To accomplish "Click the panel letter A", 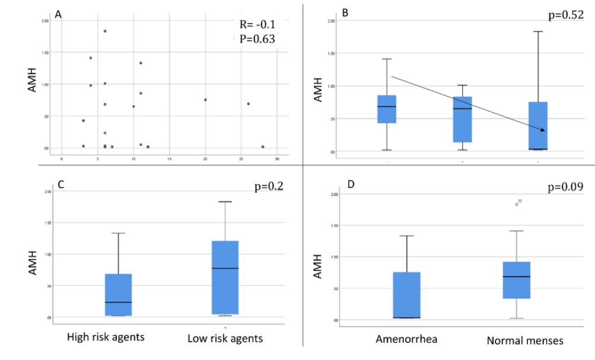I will point(58,15).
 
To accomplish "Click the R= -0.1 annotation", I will point(255,25).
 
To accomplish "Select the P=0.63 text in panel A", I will point(255,40).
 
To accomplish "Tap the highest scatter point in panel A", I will point(105,31).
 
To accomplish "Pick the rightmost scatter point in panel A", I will point(263,146).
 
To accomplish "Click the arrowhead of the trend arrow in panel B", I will point(542,130).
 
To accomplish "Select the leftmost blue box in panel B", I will point(387,109).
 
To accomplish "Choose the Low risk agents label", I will point(225,339).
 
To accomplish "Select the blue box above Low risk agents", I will point(225,278).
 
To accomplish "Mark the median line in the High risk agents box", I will point(118,302).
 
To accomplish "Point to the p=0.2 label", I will point(265,186).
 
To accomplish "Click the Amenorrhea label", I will point(406,339).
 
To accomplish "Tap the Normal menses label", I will point(517,340).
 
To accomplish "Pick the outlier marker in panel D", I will point(517,204).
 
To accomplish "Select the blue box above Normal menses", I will point(517,280).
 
